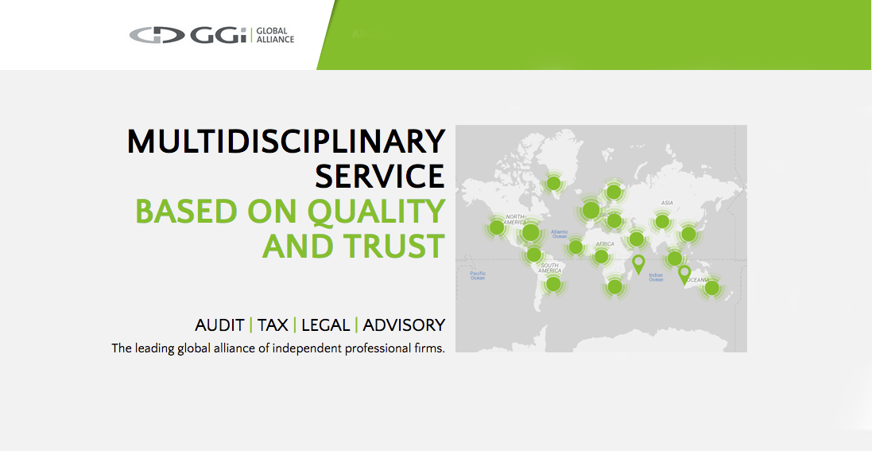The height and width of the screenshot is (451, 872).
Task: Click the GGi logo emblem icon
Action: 157,35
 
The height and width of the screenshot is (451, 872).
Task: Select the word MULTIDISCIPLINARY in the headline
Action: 286,142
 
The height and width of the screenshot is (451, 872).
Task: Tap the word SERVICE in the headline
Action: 380,176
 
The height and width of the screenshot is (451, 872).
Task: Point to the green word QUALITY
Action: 376,212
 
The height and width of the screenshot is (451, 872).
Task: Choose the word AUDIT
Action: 219,325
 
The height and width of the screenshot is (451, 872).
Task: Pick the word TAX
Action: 273,325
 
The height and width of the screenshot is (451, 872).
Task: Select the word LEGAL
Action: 326,325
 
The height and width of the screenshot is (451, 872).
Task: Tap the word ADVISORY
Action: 404,325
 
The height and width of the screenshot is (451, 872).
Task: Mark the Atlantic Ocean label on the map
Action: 560,235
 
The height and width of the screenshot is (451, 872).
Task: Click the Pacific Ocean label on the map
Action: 477,276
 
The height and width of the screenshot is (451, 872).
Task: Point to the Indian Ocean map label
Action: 656,277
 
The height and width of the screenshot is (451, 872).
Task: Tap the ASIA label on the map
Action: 667,204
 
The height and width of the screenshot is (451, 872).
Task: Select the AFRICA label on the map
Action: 605,244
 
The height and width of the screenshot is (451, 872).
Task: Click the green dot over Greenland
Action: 554,183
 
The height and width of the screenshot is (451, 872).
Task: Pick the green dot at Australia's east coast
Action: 712,288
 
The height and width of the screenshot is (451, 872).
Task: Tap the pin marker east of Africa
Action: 638,262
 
